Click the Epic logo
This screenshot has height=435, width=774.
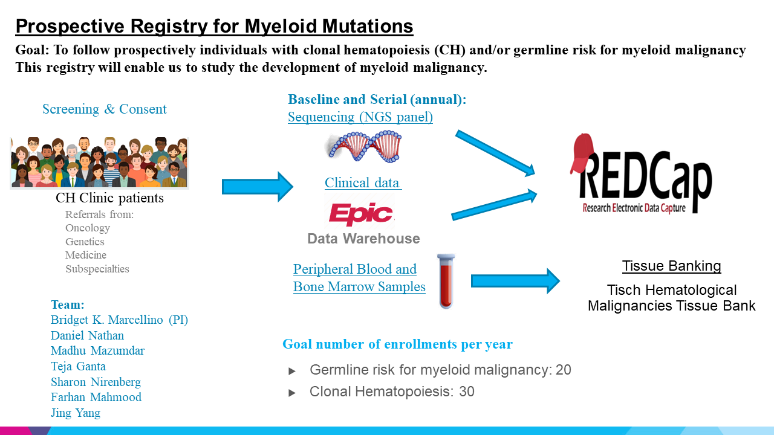(x=361, y=214)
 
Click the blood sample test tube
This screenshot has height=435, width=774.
(x=446, y=282)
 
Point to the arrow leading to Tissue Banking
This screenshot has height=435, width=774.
(x=515, y=281)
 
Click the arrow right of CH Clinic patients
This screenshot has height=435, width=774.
(x=258, y=187)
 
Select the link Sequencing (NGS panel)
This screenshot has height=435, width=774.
(x=360, y=117)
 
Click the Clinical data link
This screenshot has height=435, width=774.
(x=362, y=182)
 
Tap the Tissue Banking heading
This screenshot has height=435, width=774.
(x=671, y=266)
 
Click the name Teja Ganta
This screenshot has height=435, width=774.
(x=78, y=366)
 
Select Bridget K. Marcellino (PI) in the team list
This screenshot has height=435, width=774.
(x=119, y=320)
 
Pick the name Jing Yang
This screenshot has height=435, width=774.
(x=76, y=413)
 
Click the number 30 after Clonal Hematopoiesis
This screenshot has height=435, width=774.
(x=466, y=391)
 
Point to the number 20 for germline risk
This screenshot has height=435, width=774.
(x=563, y=370)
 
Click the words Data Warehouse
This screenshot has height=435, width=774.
(x=363, y=239)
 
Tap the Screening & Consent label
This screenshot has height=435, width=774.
(x=105, y=109)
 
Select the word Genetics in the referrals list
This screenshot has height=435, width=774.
(x=85, y=242)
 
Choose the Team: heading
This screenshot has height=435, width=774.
(x=68, y=305)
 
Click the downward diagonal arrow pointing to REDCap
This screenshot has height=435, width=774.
(x=495, y=153)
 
